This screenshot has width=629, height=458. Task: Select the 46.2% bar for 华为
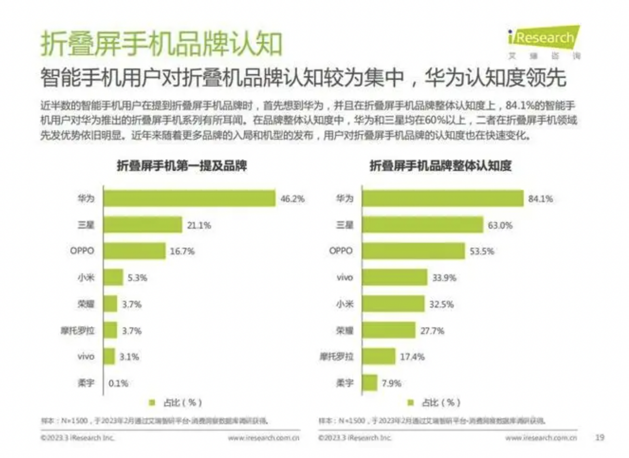point(189,198)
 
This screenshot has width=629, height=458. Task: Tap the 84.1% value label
point(540,199)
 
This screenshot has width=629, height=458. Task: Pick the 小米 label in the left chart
point(86,277)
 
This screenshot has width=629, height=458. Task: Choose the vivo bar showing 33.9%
point(395,277)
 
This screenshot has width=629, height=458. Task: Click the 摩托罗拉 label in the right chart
point(336,357)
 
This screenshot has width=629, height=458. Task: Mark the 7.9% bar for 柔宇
point(370,383)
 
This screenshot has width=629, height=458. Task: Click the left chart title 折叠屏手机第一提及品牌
point(181,166)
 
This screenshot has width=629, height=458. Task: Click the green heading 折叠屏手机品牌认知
point(161,44)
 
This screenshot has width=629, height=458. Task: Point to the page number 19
point(599,438)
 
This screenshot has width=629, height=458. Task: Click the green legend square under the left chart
point(152,402)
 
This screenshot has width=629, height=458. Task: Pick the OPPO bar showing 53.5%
point(413,251)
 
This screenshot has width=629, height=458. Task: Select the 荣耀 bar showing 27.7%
point(389,330)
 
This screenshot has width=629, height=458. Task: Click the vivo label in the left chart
point(86,357)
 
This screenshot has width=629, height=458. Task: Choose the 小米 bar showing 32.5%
point(393,304)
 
